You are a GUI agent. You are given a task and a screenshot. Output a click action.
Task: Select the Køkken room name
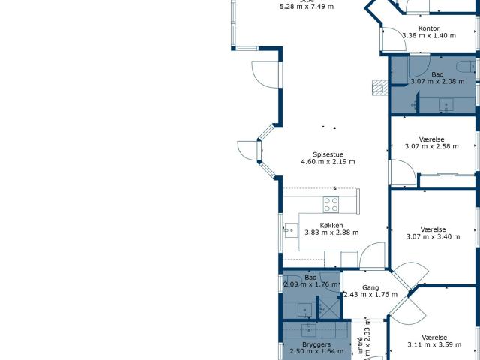point(331,225)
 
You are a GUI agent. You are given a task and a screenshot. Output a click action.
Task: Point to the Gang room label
point(370,287)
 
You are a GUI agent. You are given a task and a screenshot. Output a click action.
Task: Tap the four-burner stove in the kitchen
point(331,204)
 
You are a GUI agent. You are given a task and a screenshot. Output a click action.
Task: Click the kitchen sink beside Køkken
point(290,230)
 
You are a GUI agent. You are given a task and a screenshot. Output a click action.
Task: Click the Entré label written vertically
point(360,344)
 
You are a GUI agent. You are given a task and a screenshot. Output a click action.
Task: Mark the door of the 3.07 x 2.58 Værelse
point(399,176)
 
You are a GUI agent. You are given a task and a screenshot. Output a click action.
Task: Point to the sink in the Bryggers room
point(310,330)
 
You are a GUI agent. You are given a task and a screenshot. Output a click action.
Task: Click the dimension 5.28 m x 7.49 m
point(307,6)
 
